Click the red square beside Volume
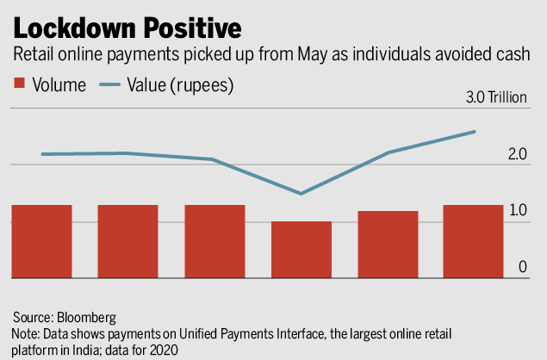point(20,86)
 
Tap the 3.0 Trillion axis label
point(495,97)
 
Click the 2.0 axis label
point(517,155)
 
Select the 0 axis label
point(522,268)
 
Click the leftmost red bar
point(41,241)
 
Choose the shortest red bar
point(301,250)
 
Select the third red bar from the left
point(214,241)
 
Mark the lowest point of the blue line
point(301,193)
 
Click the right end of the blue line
point(475,132)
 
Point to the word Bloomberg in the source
point(83,317)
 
